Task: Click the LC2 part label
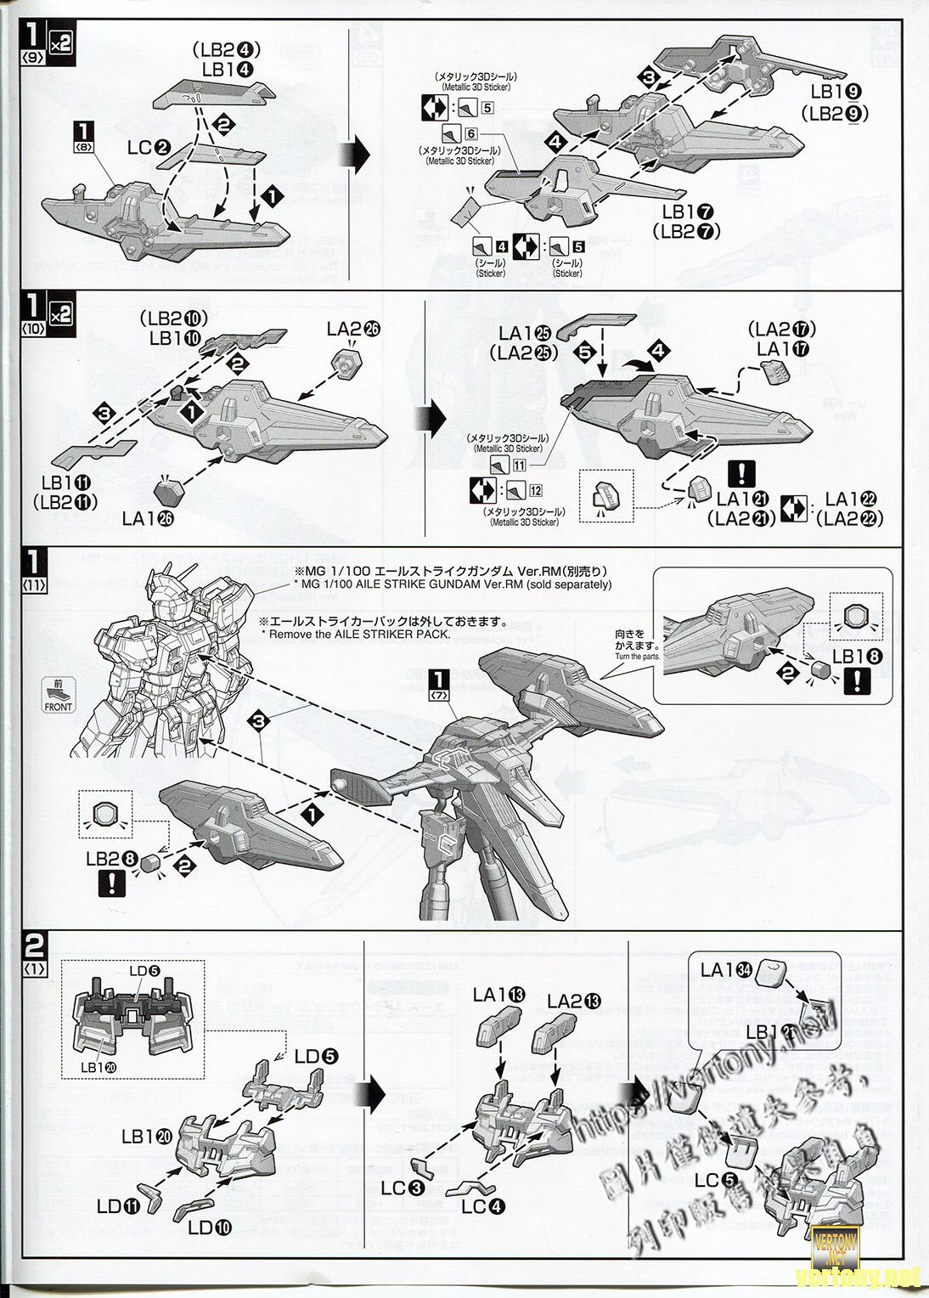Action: pyautogui.click(x=150, y=148)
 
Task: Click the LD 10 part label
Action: pyautogui.click(x=211, y=1227)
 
